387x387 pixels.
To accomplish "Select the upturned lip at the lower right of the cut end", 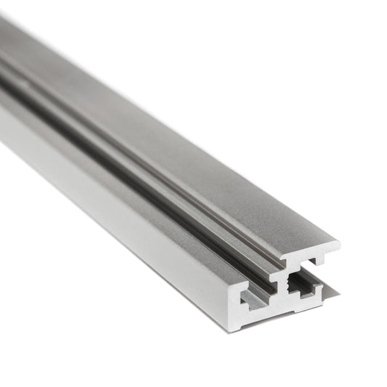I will (x=319, y=289).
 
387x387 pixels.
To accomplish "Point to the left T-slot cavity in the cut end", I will (x=256, y=298).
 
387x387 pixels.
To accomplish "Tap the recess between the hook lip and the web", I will (x=309, y=266).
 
